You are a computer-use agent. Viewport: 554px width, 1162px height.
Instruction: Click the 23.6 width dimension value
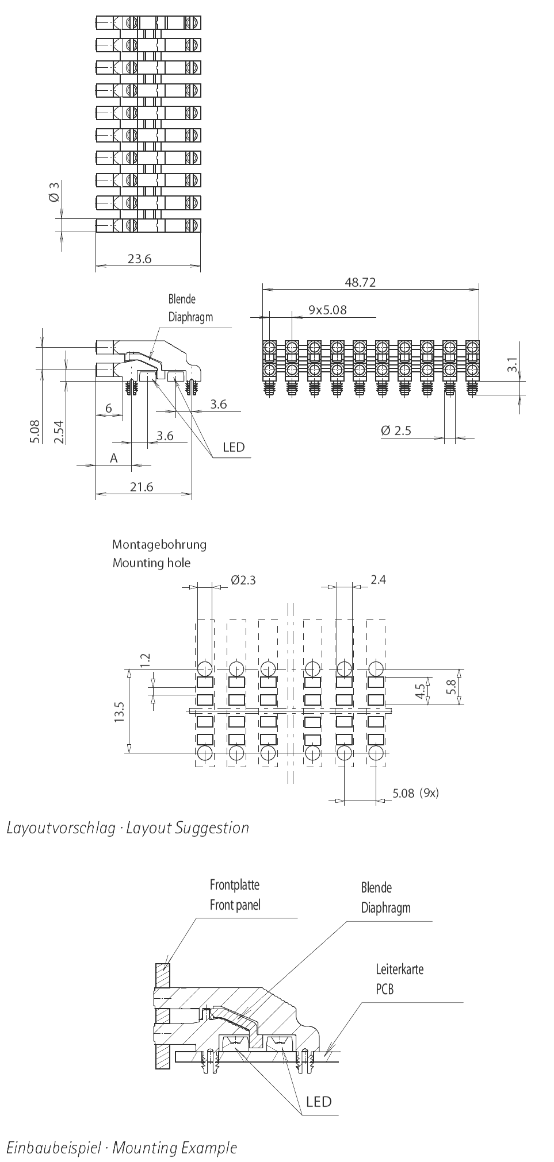[139, 259]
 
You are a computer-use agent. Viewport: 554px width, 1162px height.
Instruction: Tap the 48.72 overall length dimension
[360, 282]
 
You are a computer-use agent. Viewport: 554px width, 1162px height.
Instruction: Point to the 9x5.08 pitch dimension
[327, 310]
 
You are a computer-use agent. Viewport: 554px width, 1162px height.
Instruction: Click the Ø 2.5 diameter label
[396, 430]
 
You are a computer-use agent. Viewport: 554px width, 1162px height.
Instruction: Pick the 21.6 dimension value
[141, 487]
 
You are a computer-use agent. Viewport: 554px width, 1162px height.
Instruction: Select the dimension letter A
[114, 458]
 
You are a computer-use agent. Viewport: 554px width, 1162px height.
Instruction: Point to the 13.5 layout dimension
[119, 711]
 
